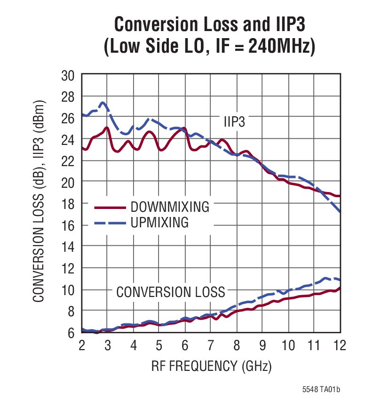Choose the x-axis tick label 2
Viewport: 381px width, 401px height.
pos(82,345)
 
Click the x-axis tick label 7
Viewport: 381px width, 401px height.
pos(211,345)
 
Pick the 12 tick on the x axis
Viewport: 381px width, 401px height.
pos(339,345)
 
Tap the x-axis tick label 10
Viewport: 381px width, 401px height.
pos(288,345)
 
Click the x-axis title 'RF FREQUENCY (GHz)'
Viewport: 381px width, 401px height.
pos(211,366)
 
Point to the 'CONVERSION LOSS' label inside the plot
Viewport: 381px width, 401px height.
pos(171,292)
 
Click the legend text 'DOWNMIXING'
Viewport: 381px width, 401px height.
pos(170,207)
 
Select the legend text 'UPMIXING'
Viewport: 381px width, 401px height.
pos(160,222)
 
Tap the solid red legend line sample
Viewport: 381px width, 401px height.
pos(110,207)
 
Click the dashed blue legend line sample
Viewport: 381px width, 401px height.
pos(110,222)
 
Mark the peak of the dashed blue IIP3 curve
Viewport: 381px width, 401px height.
pos(103,103)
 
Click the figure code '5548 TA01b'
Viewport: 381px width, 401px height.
pos(321,390)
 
